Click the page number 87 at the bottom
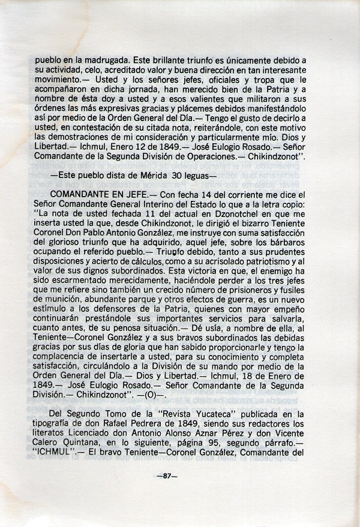pyautogui.click(x=179, y=477)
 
